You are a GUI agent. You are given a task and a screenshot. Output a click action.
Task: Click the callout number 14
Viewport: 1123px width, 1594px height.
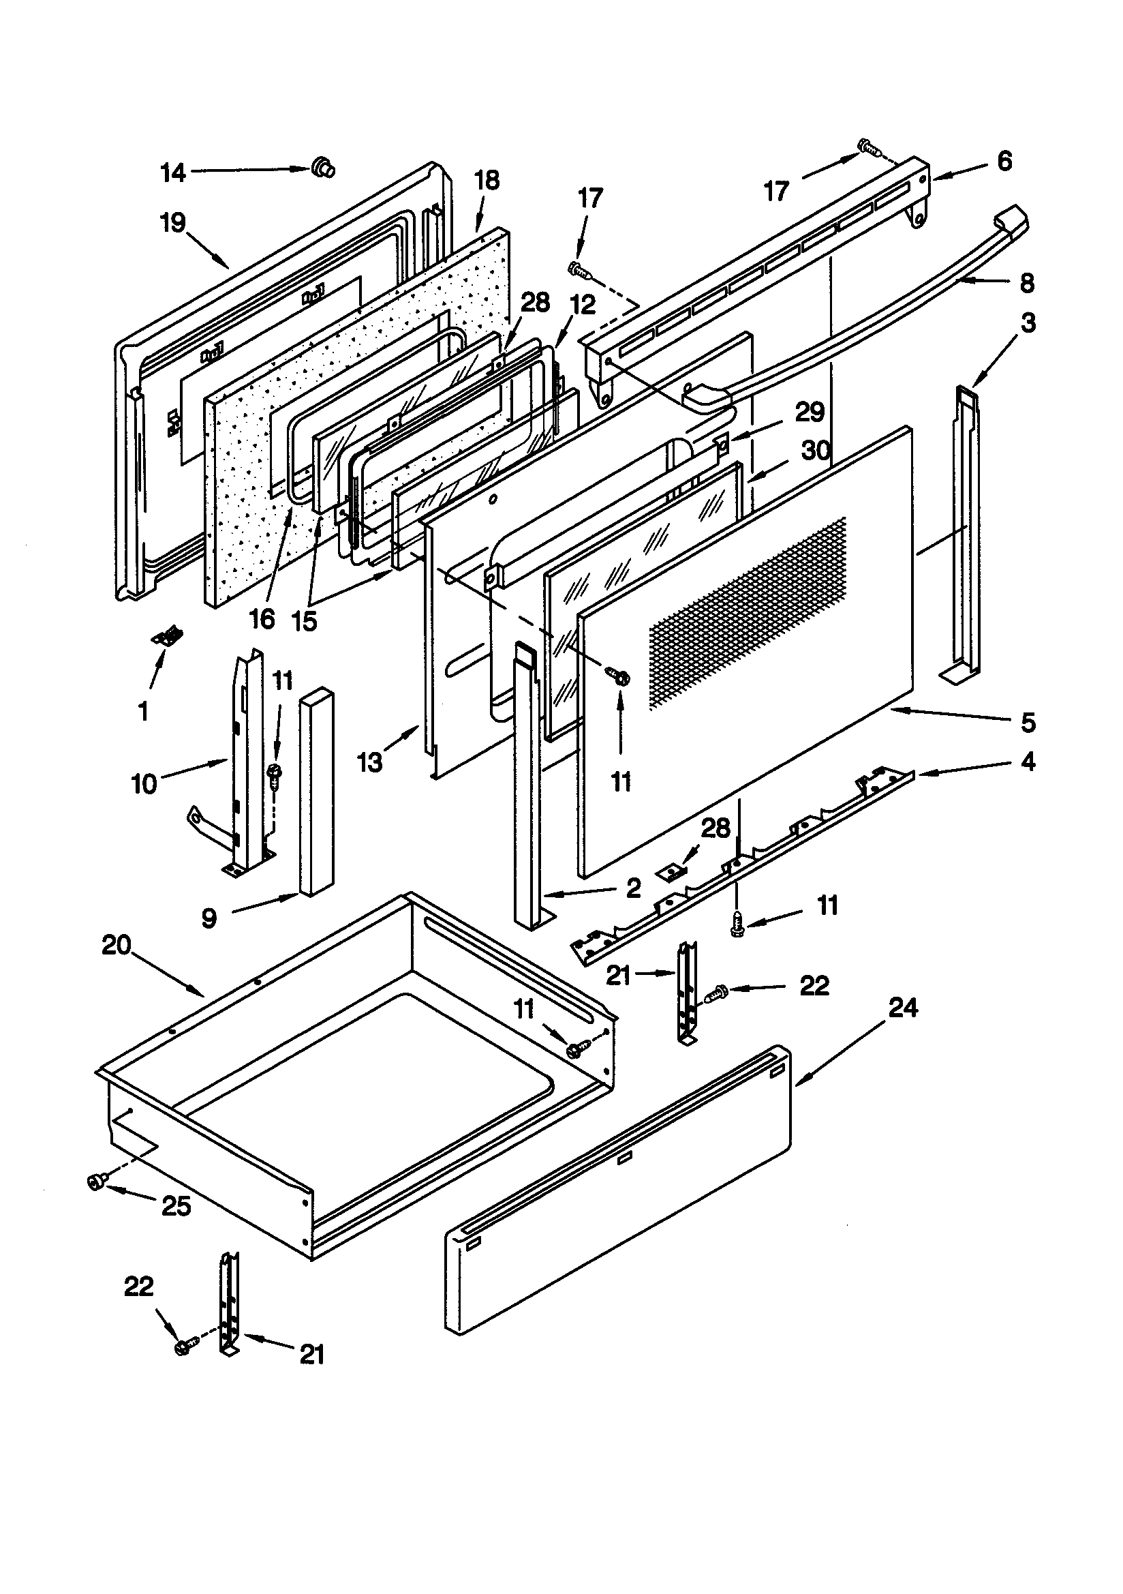[173, 172]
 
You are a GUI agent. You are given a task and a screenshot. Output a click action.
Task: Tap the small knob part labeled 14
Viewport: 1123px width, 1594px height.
[323, 166]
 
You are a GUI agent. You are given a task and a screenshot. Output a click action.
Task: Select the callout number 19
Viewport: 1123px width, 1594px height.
[173, 223]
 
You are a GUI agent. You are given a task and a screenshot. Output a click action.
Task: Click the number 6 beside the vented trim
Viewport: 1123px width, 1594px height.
[1004, 161]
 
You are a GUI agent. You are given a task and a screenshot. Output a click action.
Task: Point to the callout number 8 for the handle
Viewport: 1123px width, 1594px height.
[1027, 283]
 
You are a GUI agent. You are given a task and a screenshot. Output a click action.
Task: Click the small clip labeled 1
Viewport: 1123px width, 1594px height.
[167, 636]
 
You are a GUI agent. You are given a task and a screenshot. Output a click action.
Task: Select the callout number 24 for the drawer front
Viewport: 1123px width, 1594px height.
[903, 1008]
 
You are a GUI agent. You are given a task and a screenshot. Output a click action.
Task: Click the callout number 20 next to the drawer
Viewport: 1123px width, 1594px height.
[117, 946]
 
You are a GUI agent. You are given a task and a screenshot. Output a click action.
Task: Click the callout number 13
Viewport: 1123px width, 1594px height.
[370, 763]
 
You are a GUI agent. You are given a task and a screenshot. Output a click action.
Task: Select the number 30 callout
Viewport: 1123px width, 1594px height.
[816, 451]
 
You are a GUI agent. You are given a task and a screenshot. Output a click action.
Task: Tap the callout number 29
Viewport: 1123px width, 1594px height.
[810, 412]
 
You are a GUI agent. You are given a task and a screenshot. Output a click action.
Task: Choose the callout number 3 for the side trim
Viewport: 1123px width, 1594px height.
[1028, 323]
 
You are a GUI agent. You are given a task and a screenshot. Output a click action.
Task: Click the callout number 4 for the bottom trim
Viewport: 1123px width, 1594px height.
[1028, 762]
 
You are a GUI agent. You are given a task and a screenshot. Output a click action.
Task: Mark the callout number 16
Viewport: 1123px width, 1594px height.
[262, 618]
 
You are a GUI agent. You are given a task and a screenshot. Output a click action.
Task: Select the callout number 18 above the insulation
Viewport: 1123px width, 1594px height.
[487, 181]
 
